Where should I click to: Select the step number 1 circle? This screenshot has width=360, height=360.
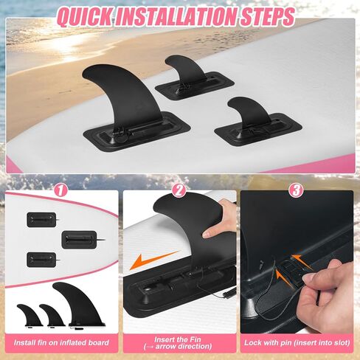point(60,190)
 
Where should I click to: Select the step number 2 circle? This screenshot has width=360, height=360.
point(179,190)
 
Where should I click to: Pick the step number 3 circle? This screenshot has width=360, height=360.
point(296,190)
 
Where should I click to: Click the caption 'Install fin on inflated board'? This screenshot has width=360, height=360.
point(61,343)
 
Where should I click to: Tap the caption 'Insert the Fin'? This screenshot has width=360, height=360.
point(178,339)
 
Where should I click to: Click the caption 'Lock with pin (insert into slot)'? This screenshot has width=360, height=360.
point(297,343)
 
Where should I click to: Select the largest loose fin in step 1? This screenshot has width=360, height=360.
point(81,305)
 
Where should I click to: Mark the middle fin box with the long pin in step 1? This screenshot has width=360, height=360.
point(79,239)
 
